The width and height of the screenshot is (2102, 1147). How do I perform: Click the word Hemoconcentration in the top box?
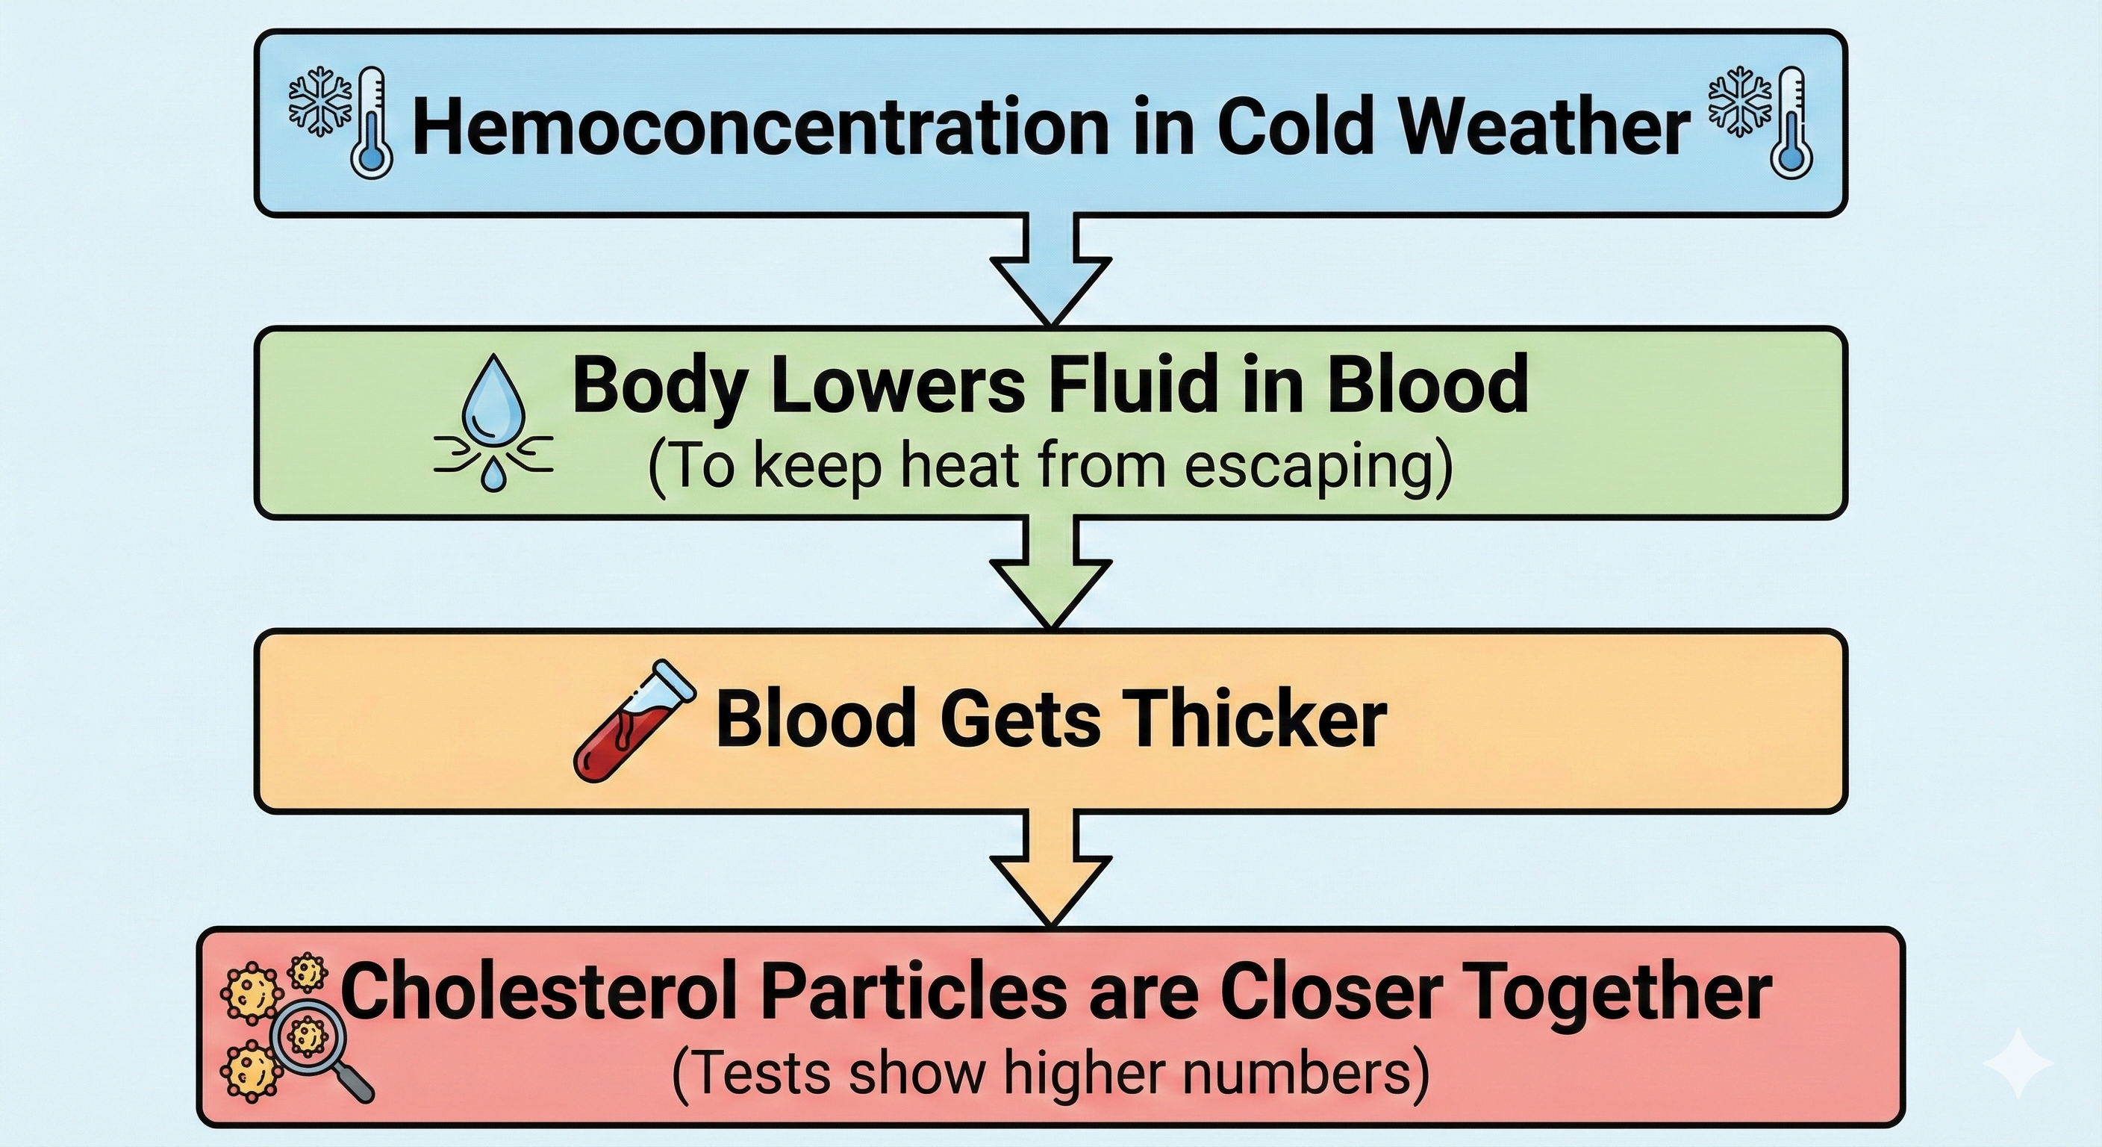coord(759,125)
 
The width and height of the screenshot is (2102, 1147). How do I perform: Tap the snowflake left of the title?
coord(320,100)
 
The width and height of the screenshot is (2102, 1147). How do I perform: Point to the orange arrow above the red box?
coord(1051,874)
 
